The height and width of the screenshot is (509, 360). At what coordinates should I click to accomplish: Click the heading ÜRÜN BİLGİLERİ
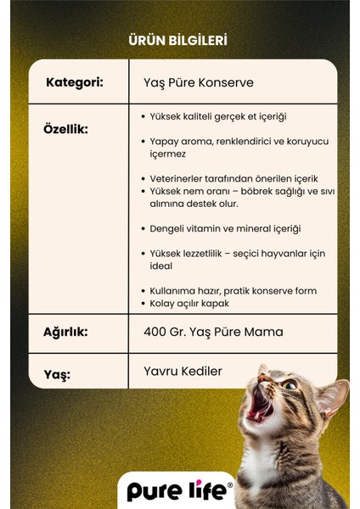[x=177, y=40]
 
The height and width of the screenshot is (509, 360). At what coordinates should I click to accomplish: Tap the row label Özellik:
[x=65, y=130]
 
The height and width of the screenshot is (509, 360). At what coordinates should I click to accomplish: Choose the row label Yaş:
[x=58, y=373]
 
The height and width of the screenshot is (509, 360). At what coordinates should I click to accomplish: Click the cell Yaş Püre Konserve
[x=199, y=83]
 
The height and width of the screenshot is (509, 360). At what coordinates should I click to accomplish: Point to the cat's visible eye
[x=290, y=385]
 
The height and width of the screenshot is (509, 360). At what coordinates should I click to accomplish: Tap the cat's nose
[x=264, y=372]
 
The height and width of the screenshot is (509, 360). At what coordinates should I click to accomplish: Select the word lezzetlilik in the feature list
[x=201, y=254]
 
